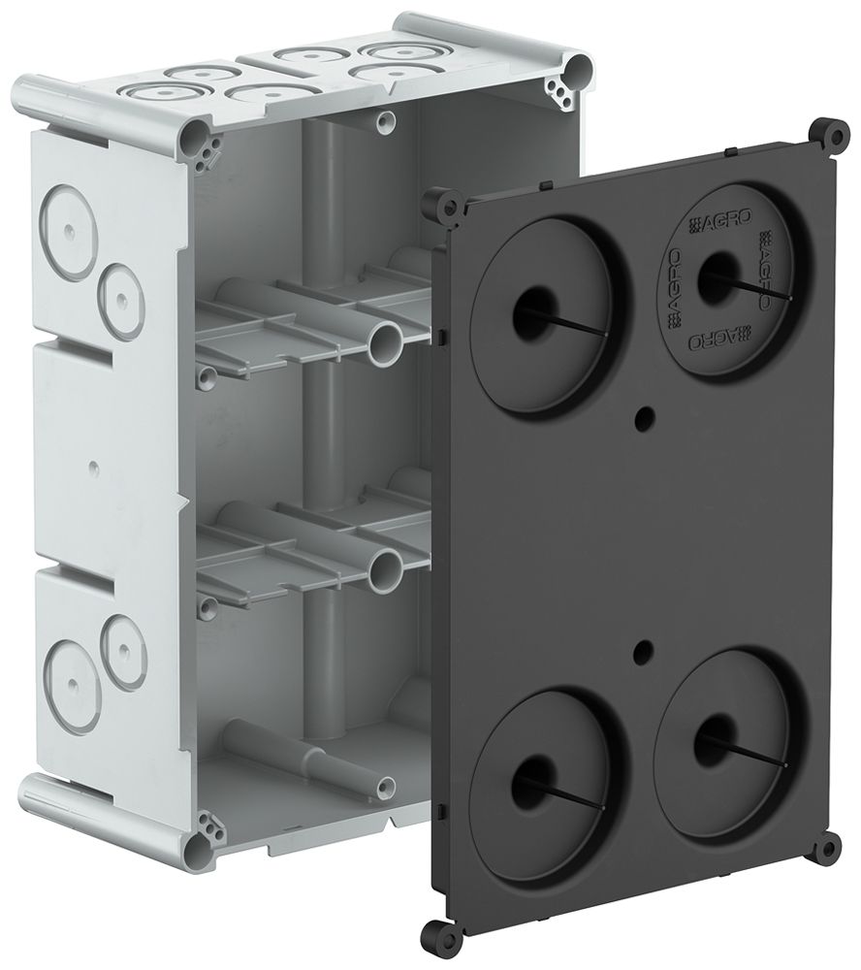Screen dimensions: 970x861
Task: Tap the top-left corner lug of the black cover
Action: click(448, 207)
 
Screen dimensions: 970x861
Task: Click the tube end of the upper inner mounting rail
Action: click(387, 341)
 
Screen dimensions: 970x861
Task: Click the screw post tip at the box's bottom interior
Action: click(387, 787)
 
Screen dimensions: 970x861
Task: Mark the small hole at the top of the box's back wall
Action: click(386, 120)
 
